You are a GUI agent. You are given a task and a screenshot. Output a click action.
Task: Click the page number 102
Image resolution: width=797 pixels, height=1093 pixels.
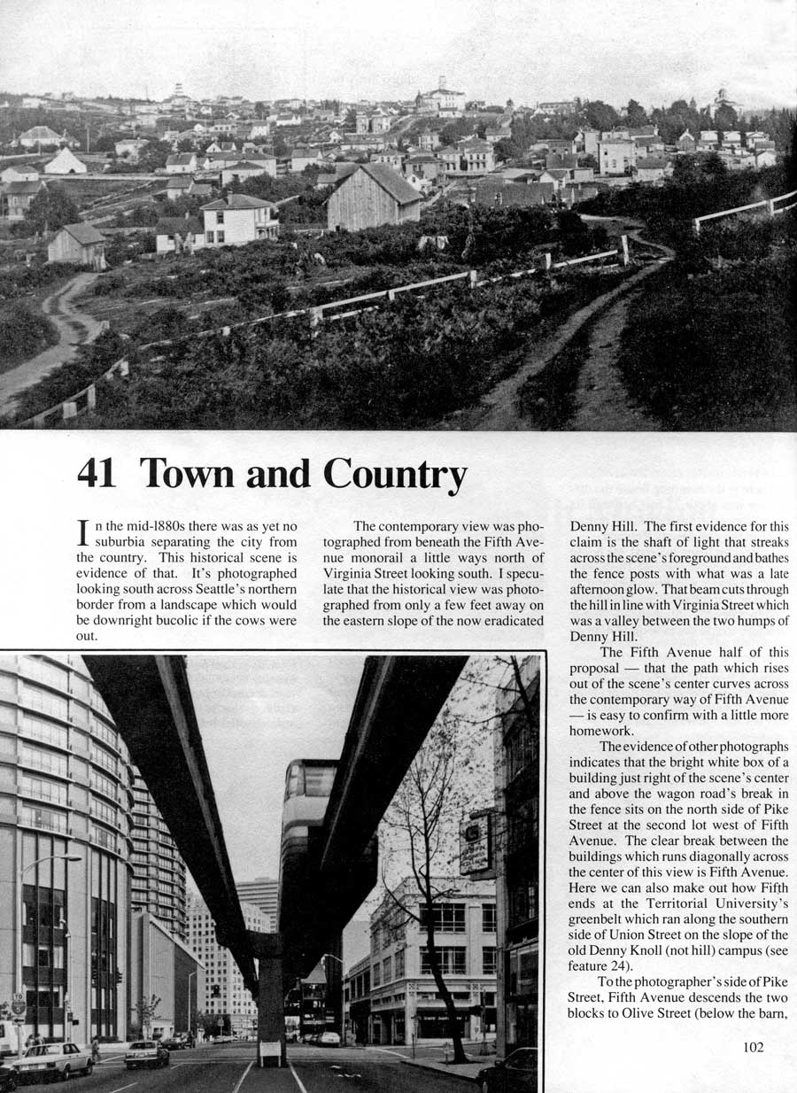pos(754,1046)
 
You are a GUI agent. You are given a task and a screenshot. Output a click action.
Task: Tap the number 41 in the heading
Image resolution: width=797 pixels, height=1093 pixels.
pos(97,474)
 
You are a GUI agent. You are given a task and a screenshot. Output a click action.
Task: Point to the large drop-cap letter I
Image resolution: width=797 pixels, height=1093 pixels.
pos(82,533)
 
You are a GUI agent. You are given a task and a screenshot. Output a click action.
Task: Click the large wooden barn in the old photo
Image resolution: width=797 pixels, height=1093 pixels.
pos(373,198)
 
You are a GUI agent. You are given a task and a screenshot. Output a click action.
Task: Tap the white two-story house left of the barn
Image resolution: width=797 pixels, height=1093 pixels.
pos(239,220)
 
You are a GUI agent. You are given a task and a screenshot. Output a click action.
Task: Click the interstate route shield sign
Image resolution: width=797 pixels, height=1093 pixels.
pos(17,1007)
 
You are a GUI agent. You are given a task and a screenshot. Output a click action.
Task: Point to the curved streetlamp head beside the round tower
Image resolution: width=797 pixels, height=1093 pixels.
pos(71,857)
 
